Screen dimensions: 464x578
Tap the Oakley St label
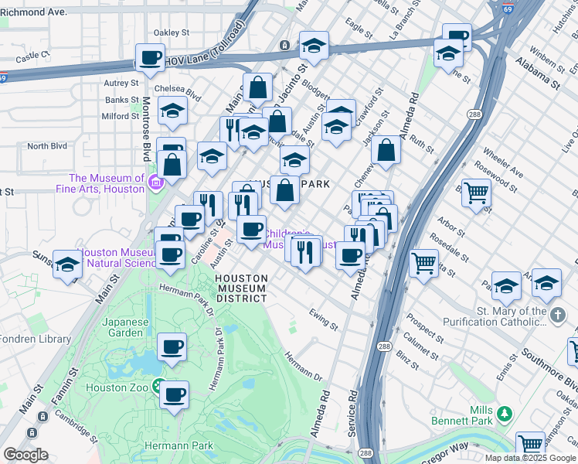tap(171, 32)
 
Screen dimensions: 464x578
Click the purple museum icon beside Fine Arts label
tap(156, 183)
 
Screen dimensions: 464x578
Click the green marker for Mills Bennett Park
tap(504, 415)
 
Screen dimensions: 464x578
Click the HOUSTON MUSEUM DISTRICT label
tap(240, 288)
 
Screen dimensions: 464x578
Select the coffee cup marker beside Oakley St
tap(150, 57)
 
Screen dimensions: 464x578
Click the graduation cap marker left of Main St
tap(68, 265)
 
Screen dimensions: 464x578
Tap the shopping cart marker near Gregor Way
tap(530, 445)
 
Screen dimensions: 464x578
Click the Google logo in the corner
tap(25, 455)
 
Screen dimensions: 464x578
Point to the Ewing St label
tap(323, 319)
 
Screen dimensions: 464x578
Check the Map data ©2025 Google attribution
tap(530, 458)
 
